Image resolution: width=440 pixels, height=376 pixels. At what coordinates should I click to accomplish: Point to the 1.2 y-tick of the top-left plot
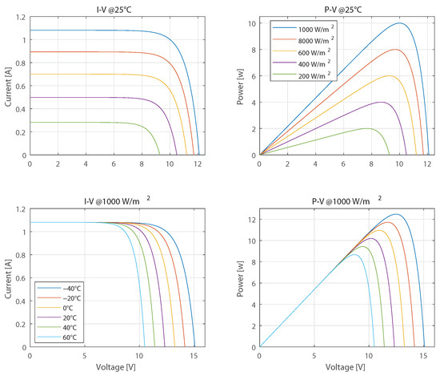tap(20, 18)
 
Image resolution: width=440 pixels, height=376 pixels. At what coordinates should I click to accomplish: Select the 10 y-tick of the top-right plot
tap(250, 23)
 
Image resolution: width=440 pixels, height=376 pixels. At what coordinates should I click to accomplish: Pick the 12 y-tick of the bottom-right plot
tap(250, 219)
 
